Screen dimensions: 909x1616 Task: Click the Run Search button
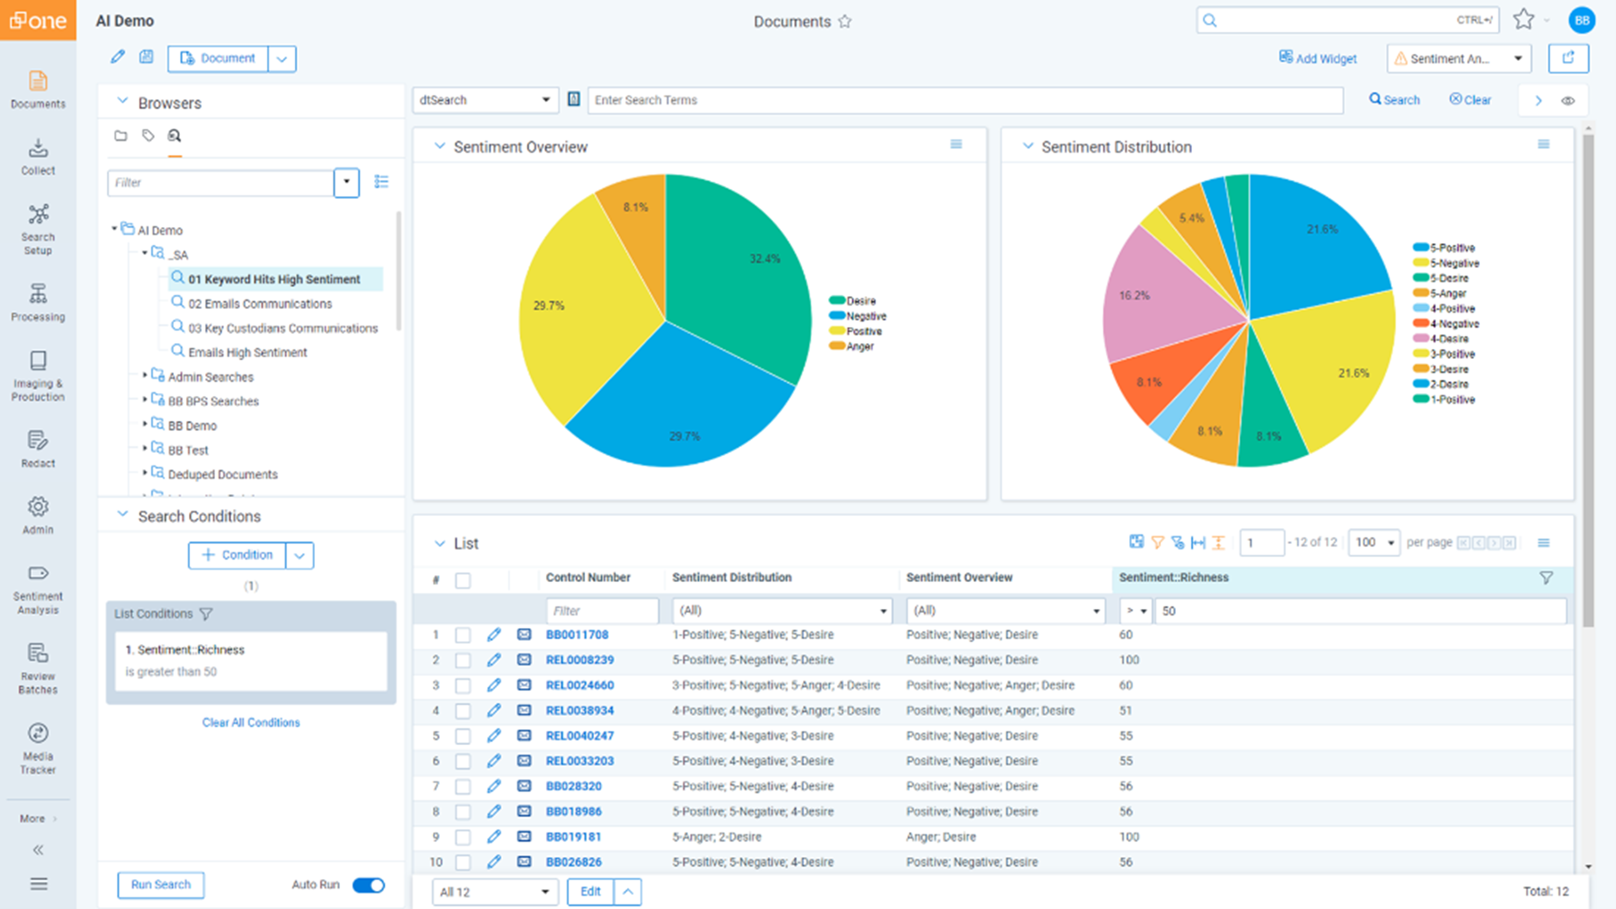pos(160,885)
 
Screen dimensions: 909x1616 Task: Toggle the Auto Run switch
pos(368,885)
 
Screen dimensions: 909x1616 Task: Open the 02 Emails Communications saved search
pos(260,304)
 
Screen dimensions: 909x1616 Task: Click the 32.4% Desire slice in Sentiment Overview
pos(740,270)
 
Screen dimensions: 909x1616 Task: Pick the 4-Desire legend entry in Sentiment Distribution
pos(1448,339)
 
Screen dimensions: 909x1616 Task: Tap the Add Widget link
pos(1318,58)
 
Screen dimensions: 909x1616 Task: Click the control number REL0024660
pos(580,685)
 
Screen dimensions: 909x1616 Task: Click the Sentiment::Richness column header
pos(1174,577)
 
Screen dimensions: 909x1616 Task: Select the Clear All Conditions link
pos(251,723)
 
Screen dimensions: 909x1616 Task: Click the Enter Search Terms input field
pos(965,100)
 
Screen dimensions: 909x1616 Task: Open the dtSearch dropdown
pos(485,100)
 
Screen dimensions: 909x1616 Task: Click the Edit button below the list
pos(590,891)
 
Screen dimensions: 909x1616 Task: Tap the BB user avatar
pos(1582,21)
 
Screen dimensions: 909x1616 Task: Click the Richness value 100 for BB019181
pos(1128,837)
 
